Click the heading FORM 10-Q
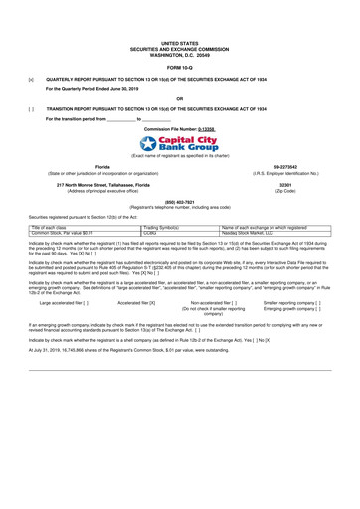tap(179, 66)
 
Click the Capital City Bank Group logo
tap(179, 145)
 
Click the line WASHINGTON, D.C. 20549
tap(179, 54)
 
